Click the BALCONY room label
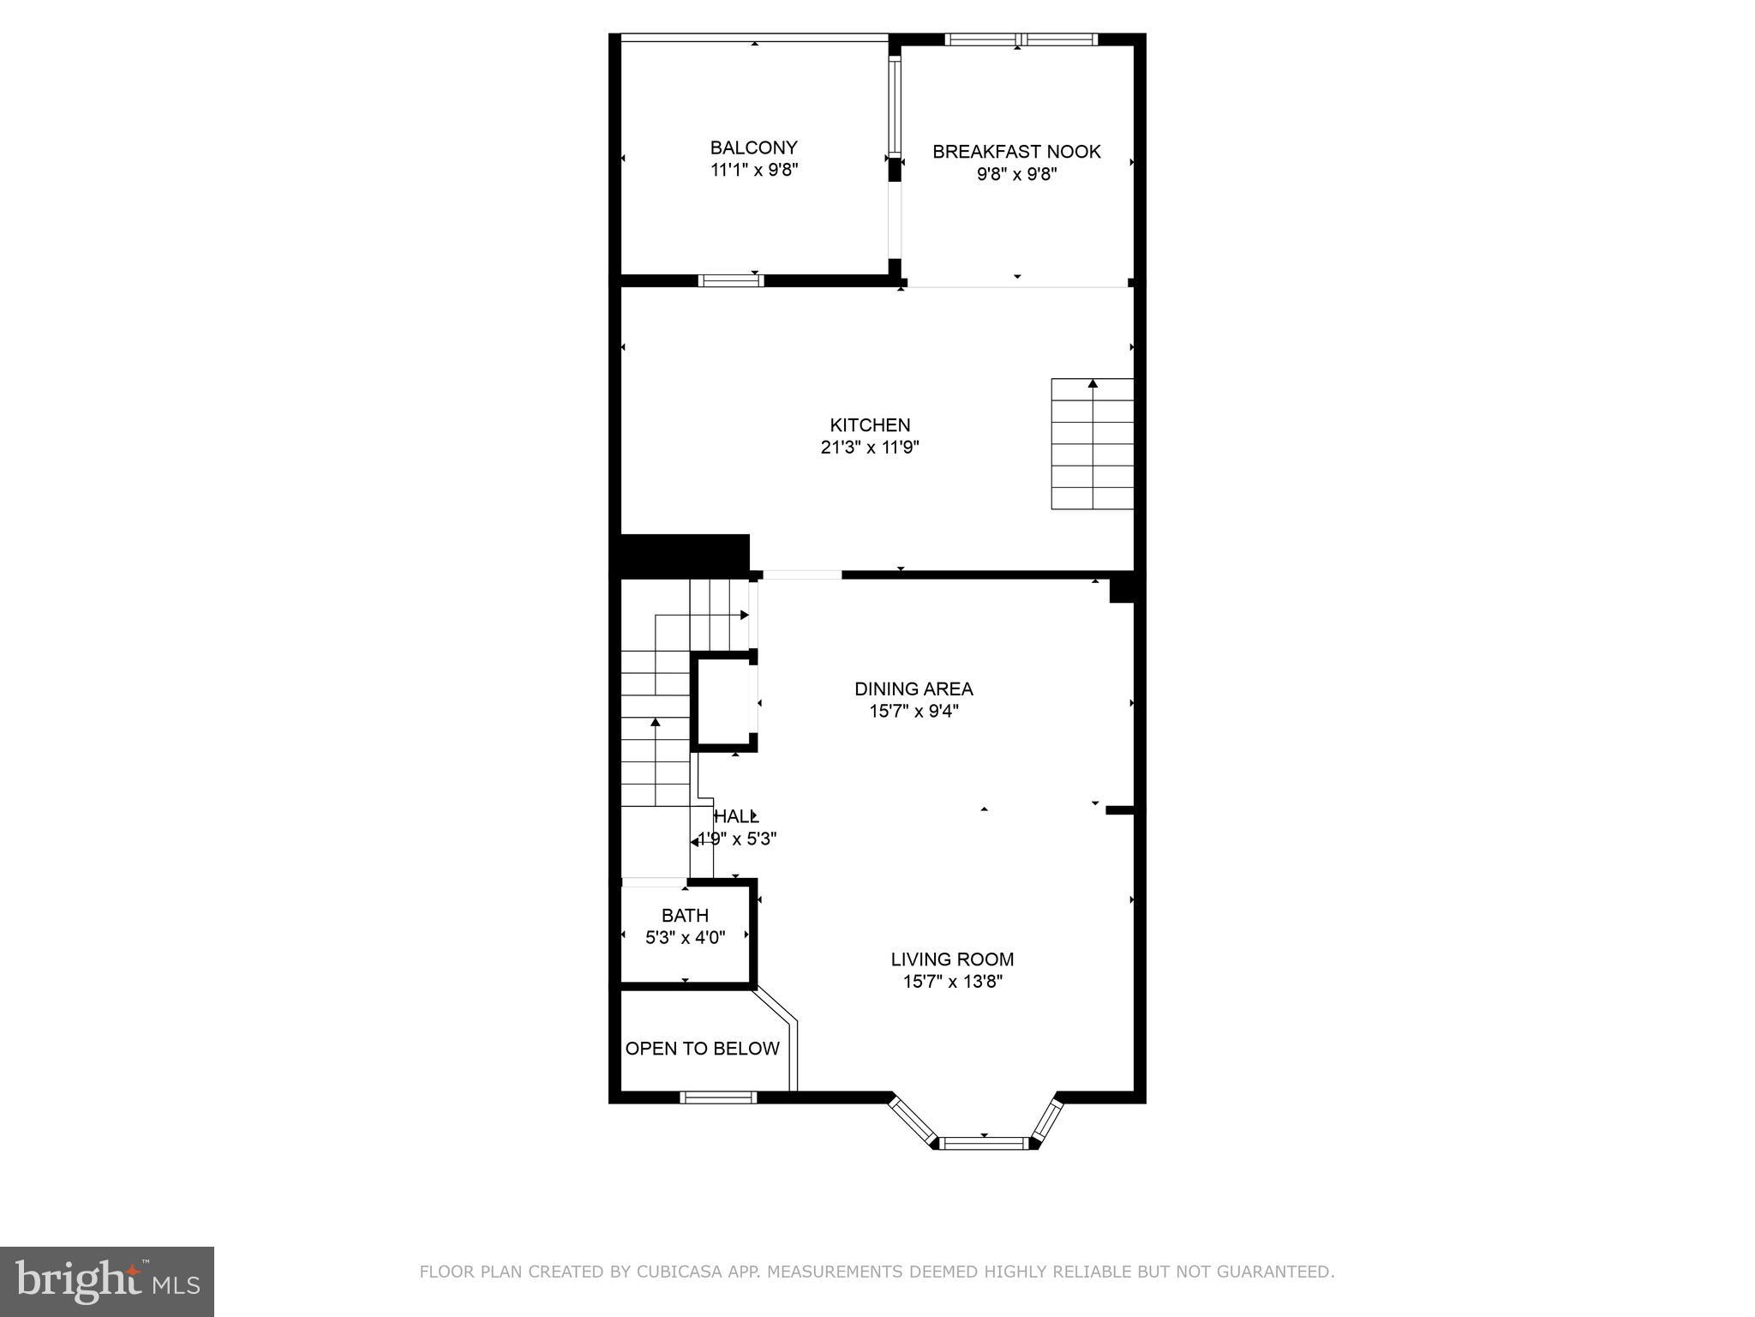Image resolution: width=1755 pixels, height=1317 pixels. pos(753,147)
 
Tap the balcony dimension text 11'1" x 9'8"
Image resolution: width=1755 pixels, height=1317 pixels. pos(754,170)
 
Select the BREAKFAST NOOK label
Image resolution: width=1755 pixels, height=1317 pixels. pos(1016,152)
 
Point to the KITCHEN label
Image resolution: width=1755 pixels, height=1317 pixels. pos(870,424)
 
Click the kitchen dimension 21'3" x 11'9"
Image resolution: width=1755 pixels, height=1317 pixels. pos(870,447)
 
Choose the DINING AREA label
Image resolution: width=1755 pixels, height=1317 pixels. pos(913,689)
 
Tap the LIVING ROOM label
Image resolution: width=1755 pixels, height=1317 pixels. pos(952,959)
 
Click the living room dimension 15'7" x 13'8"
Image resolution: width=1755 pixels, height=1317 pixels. pos(952,982)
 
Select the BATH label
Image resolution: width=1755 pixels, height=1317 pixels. pos(685,916)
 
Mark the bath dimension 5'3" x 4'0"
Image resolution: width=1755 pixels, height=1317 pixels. pos(685,938)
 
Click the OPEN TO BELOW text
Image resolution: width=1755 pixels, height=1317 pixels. pos(702,1049)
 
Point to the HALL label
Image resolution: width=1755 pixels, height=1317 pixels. pos(736,816)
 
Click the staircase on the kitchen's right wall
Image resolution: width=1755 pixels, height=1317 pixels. pos(1093,444)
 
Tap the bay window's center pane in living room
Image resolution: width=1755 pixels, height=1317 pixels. pos(984,1142)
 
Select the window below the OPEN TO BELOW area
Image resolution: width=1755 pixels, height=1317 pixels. pos(718,1097)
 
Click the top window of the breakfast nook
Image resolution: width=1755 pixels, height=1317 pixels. pos(1020,39)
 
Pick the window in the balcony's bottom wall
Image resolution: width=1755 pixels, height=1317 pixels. pos(731,280)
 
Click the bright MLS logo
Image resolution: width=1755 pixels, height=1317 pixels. pos(106,1281)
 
